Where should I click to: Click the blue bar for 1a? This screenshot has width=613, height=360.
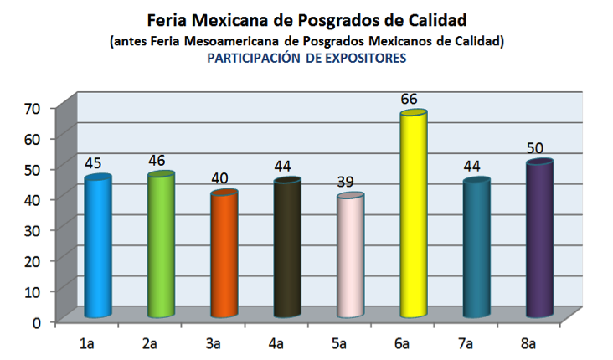click(x=98, y=248)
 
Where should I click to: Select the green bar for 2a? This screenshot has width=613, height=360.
click(x=161, y=246)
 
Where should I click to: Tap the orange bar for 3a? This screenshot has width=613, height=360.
click(x=224, y=255)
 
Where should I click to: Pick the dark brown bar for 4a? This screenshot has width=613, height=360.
click(x=287, y=249)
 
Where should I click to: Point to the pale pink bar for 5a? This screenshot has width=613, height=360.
click(x=350, y=257)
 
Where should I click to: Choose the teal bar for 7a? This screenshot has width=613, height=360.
click(x=476, y=249)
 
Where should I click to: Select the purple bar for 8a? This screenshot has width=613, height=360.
click(x=539, y=240)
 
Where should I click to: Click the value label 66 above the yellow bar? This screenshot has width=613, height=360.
click(x=409, y=100)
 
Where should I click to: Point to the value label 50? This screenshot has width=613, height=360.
click(x=535, y=148)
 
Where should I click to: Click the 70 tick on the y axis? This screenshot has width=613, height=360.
click(x=33, y=108)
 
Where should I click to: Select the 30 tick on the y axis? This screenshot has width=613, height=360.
click(x=33, y=229)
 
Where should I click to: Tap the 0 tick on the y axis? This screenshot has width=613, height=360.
click(x=37, y=321)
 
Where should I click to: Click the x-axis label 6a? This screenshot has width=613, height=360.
click(x=403, y=343)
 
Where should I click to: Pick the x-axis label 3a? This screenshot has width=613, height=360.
click(x=214, y=343)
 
